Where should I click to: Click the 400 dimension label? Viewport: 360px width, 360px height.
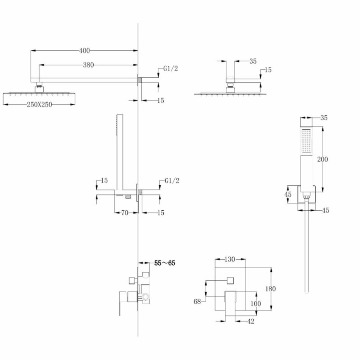coord(85,50)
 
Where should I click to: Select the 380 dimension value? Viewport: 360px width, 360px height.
coord(88,65)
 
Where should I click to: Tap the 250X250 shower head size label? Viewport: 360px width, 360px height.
coord(39,105)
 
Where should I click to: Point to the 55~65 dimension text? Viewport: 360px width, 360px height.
coord(164,263)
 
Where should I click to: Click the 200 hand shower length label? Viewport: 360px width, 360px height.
coord(322,159)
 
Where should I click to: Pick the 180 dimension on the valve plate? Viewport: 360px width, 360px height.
coord(271,289)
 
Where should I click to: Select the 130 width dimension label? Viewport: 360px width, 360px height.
coord(230,259)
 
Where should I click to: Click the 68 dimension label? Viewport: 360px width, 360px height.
coord(197,301)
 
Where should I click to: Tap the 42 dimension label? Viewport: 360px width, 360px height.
coord(251,321)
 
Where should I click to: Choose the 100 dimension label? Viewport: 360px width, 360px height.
coord(255,304)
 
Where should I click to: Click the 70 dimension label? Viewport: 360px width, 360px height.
coord(125,213)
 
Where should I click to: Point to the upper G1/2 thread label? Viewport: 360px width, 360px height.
coord(171,69)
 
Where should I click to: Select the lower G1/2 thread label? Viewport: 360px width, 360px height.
coord(172,181)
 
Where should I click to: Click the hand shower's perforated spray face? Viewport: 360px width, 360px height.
coord(306,141)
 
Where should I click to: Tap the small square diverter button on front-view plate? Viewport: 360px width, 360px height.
coord(230,280)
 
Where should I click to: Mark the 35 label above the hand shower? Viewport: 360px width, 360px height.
coord(324,118)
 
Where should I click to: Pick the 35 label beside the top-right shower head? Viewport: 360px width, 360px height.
coord(253,61)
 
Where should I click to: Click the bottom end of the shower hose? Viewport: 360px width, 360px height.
coord(307,292)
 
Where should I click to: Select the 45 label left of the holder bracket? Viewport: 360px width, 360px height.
coord(288,194)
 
